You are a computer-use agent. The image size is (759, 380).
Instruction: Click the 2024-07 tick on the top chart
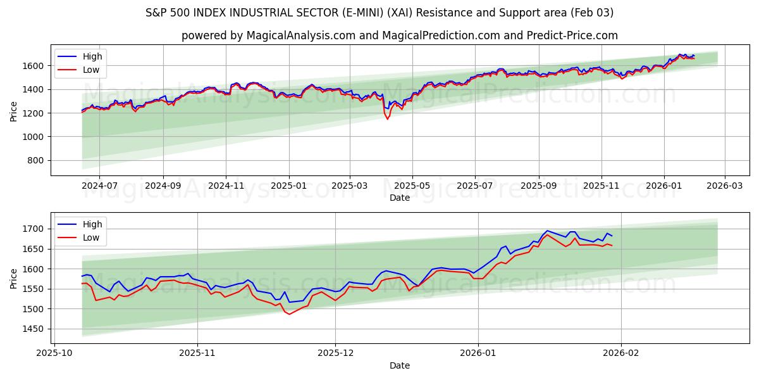point(99,186)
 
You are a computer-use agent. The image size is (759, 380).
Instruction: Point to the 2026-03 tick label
point(724,186)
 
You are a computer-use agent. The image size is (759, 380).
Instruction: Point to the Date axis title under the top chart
point(399,198)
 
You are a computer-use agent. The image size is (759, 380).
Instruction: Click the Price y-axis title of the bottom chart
point(14,278)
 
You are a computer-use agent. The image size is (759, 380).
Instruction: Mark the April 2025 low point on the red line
point(388,119)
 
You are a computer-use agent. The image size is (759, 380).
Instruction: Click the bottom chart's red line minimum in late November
point(290,314)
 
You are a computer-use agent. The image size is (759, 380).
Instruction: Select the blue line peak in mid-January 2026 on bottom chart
point(547,231)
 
